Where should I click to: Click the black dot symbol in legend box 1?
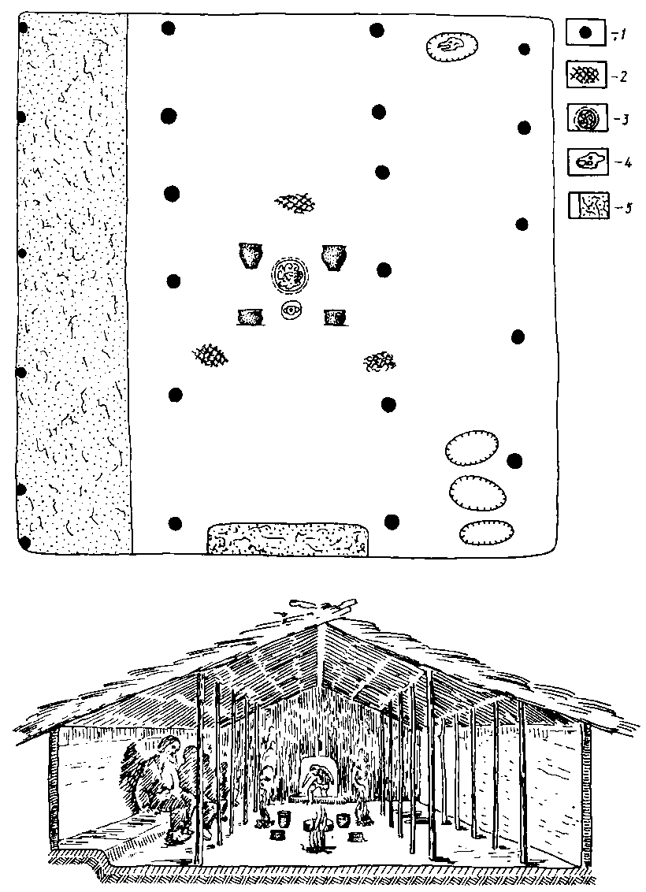pyautogui.click(x=584, y=34)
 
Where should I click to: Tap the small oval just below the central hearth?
pyautogui.click(x=291, y=310)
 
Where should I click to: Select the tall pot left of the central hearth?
pyautogui.click(x=251, y=256)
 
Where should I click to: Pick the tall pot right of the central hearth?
pyautogui.click(x=334, y=257)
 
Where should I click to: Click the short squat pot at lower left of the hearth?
pyautogui.click(x=251, y=317)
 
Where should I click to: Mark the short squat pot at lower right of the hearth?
pyautogui.click(x=335, y=318)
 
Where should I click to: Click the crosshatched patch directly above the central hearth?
pyautogui.click(x=295, y=202)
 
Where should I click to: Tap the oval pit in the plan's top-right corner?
pyautogui.click(x=451, y=46)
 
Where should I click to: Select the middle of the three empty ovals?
pyautogui.click(x=477, y=492)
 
